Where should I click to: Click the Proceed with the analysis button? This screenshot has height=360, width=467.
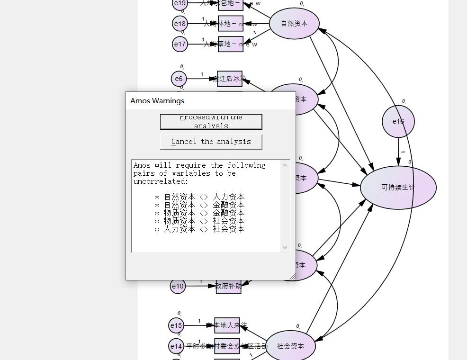coord(211,122)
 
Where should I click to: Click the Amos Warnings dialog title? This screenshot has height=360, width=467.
coord(157,100)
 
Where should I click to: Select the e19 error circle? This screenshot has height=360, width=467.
coord(180,4)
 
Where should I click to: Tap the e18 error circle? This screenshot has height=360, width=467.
coord(180,23)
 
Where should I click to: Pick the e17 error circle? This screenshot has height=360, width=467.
coord(180,44)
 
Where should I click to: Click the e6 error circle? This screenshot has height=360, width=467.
coord(179,79)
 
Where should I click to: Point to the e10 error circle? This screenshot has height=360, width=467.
coord(178,286)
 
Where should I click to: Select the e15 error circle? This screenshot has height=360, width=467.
coord(176,325)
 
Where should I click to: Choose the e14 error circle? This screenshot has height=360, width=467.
coord(176,346)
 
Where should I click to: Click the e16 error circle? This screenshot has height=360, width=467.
coord(398,121)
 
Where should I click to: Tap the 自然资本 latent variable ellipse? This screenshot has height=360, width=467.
coord(294,23)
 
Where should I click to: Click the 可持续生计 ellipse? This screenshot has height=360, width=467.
coord(398,187)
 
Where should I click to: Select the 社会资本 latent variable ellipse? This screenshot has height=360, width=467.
coord(290,346)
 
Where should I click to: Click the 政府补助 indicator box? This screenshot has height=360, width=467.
coord(229,286)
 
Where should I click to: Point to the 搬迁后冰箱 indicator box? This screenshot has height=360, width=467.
coord(230,79)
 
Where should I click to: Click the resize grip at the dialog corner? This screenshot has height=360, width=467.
coord(292,277)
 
